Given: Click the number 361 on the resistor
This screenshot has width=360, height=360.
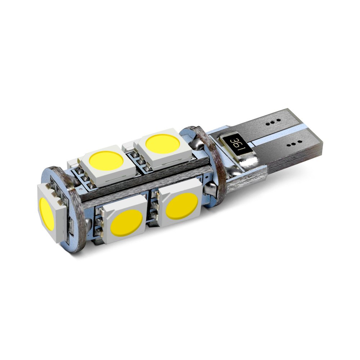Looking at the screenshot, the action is (236, 143).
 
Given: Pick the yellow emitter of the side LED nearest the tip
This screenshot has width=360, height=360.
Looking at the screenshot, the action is (126, 223).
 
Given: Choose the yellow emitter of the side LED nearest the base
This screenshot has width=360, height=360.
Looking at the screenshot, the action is (181, 206).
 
